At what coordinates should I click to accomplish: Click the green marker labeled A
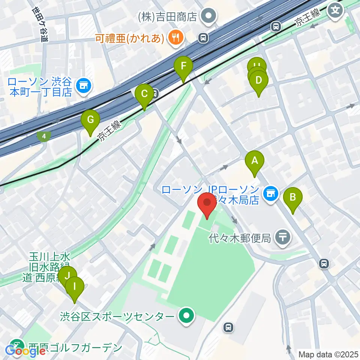[x=255, y=162]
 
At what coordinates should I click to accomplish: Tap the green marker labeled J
[x=67, y=277]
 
